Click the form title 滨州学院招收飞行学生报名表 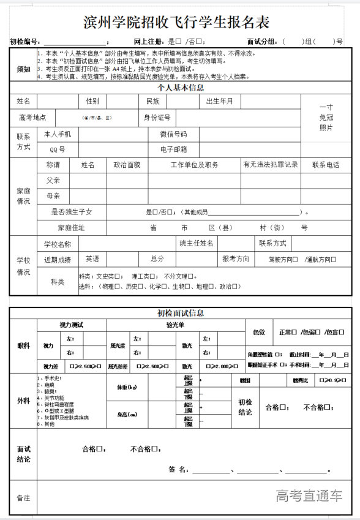(x=176, y=23)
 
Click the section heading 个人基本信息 (x=181, y=88)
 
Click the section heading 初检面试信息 (x=181, y=313)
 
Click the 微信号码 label (x=173, y=134)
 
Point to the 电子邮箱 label (x=173, y=149)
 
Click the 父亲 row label (x=53, y=181)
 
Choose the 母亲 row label (x=53, y=196)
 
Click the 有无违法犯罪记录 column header (x=270, y=165)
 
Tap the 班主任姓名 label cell (x=196, y=243)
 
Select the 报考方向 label (x=236, y=259)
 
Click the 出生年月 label (x=219, y=101)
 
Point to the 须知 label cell (x=23, y=69)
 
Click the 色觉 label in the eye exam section (x=259, y=333)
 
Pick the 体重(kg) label (x=127, y=388)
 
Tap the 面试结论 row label (x=23, y=454)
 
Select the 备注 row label (x=23, y=498)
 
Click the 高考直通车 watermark (x=309, y=496)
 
